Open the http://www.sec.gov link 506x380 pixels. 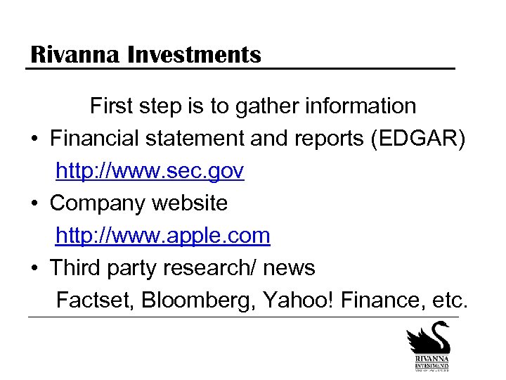pyautogui.click(x=150, y=171)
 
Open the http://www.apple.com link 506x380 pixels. pyautogui.click(x=162, y=235)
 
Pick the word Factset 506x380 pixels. pyautogui.click(x=95, y=300)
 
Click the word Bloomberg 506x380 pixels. pyautogui.click(x=198, y=300)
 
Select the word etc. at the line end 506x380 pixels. pyautogui.click(x=450, y=300)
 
